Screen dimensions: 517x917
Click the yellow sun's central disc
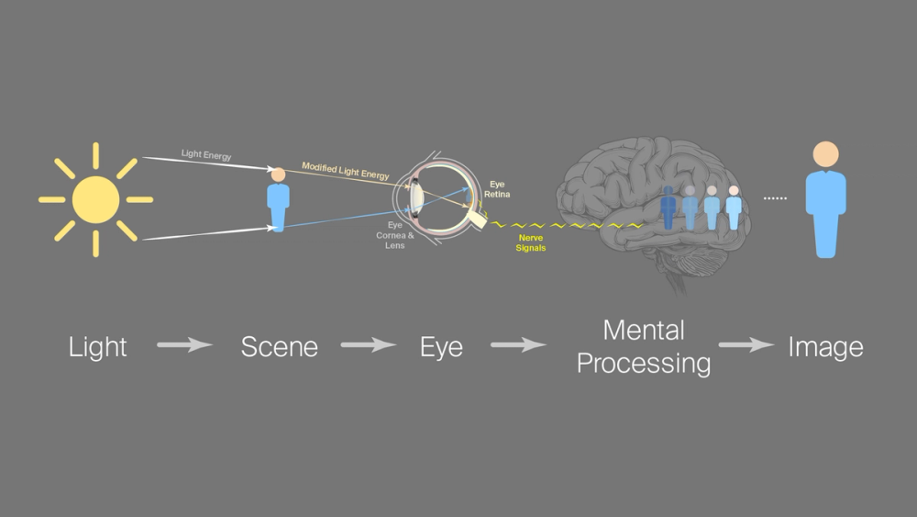(95, 199)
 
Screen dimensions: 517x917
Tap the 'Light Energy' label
(206, 154)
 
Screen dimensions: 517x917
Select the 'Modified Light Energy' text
(346, 171)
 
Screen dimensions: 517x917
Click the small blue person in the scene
(278, 199)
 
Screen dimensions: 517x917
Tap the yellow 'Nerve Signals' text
(531, 242)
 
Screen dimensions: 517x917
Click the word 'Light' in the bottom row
(98, 347)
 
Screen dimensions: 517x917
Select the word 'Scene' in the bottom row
(280, 347)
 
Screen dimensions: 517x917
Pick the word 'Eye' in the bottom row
(441, 347)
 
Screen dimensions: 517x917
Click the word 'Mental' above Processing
(644, 330)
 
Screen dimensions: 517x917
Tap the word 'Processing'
(644, 364)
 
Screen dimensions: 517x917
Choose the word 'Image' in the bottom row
(825, 347)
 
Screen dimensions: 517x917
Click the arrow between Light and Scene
(184, 346)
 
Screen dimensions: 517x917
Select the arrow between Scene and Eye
(369, 346)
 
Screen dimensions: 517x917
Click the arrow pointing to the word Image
(746, 346)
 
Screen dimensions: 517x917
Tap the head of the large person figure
(825, 153)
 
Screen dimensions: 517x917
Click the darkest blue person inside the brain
(668, 208)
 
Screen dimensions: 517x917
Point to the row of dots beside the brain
(776, 198)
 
